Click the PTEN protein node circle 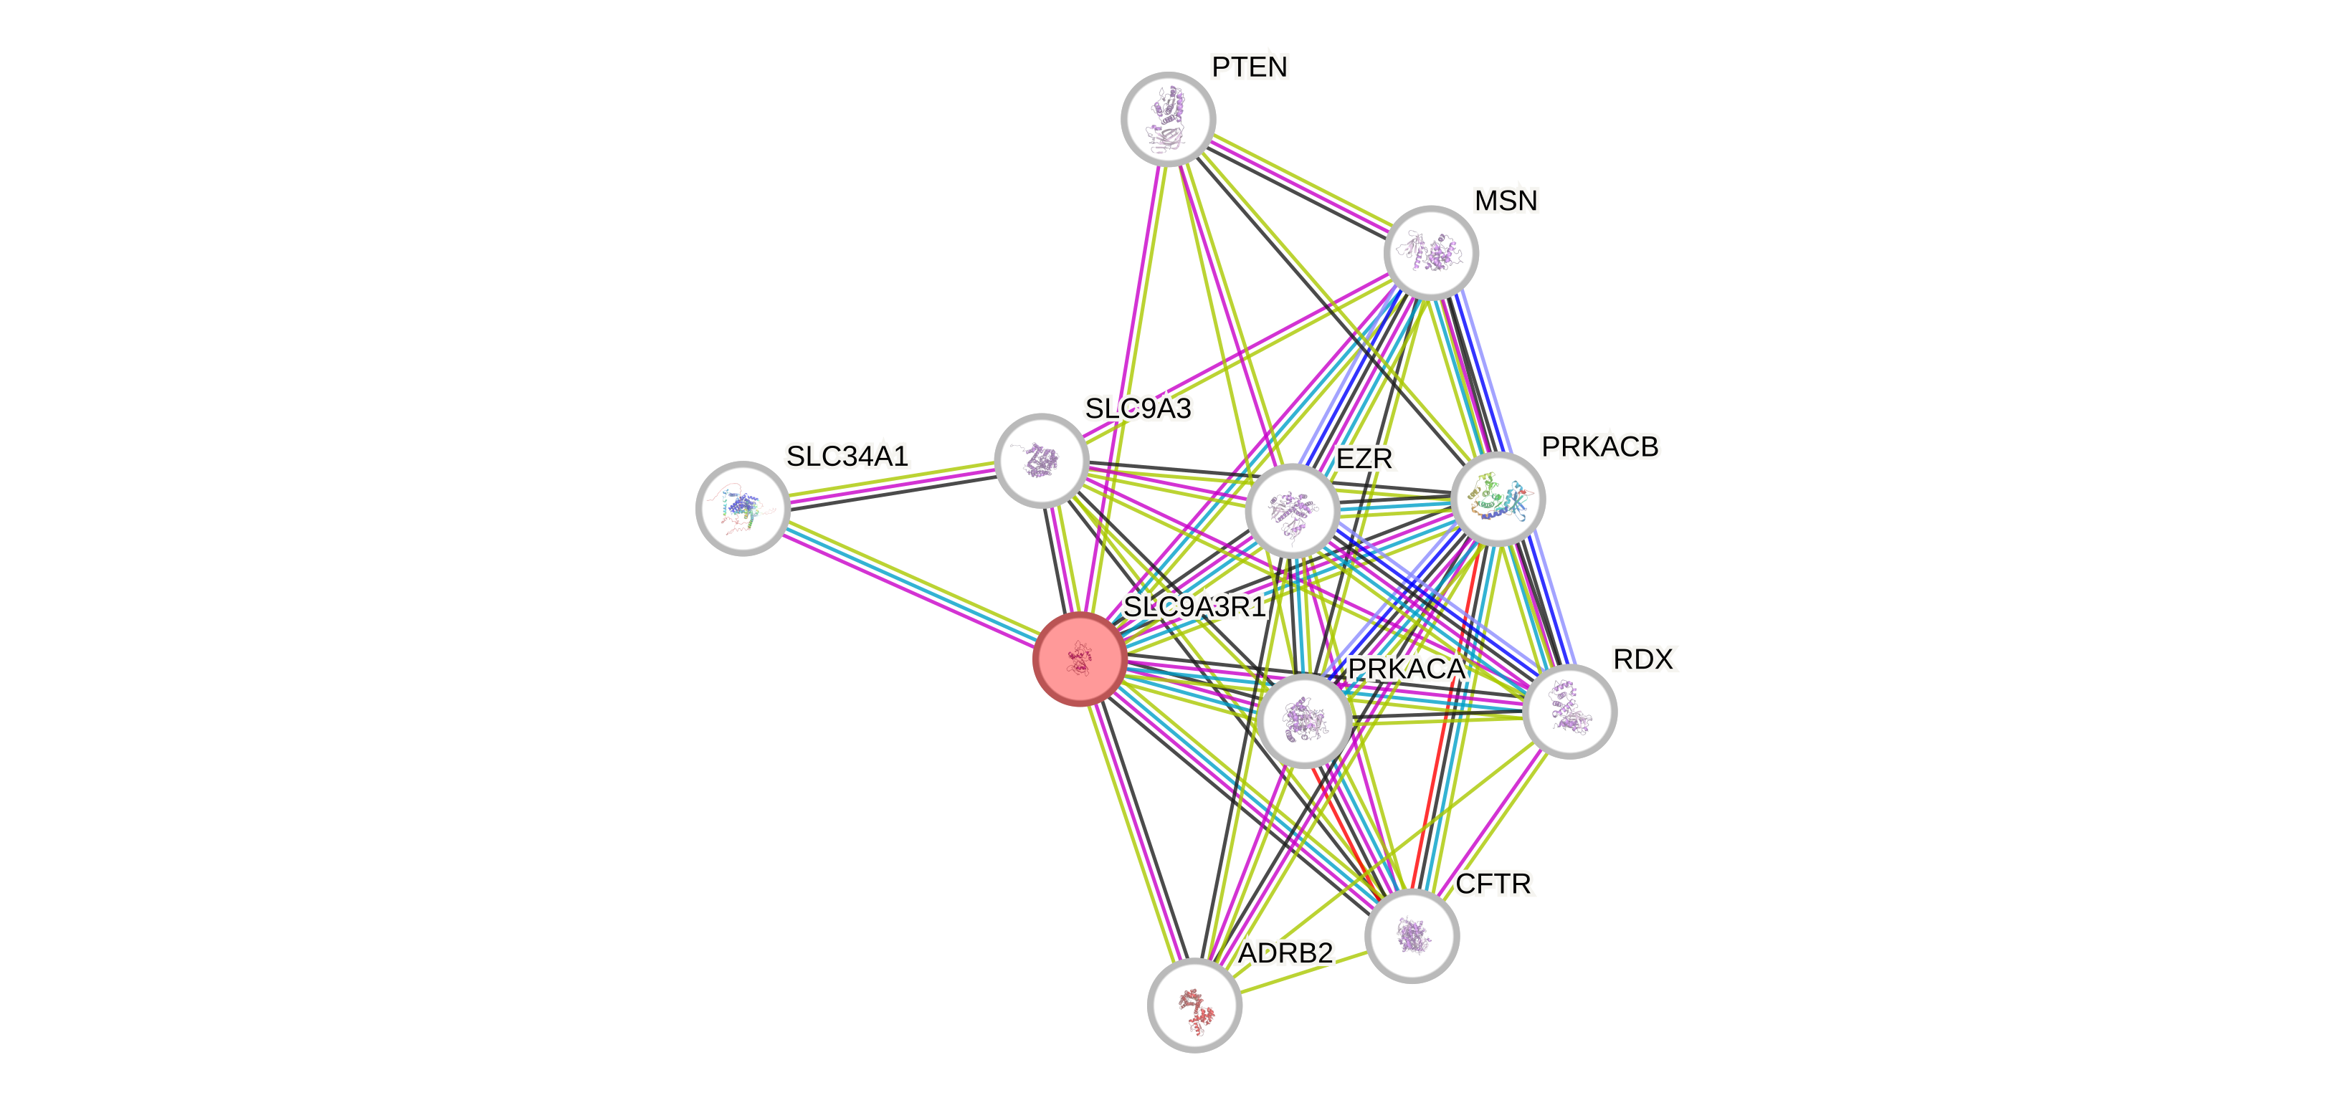tap(1168, 118)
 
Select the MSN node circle tap(1431, 252)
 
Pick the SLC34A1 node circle tap(743, 508)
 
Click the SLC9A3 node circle tap(1041, 460)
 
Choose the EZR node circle tap(1292, 511)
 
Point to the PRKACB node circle tap(1498, 499)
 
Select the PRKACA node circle tap(1304, 720)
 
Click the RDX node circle tap(1569, 711)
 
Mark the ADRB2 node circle tap(1194, 1005)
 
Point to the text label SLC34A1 tap(847, 457)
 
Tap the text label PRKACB tap(1599, 446)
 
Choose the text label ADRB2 tap(1285, 953)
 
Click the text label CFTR tap(1493, 884)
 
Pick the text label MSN tap(1505, 201)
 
